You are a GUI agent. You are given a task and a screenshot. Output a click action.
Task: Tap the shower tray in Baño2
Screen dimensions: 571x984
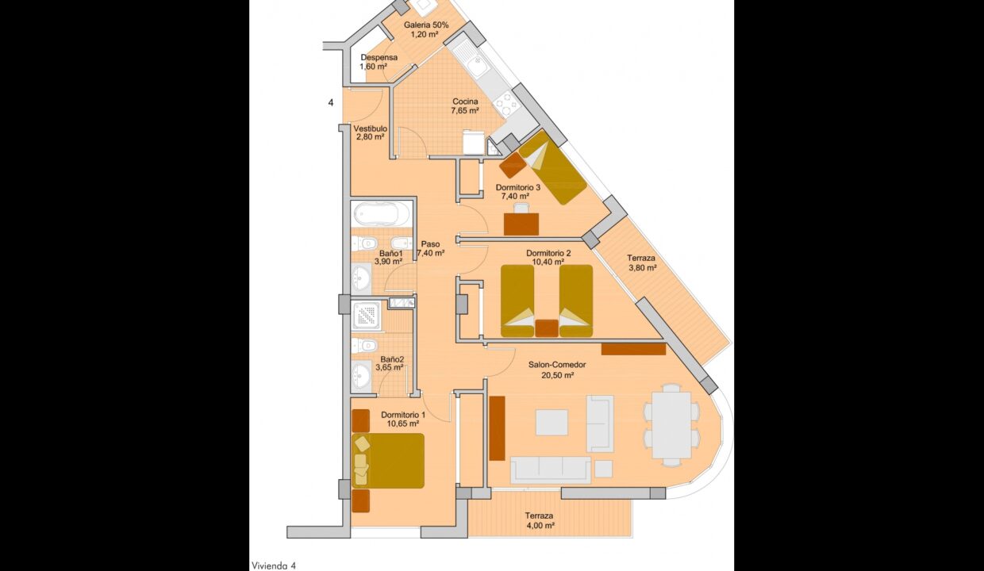pos(366,316)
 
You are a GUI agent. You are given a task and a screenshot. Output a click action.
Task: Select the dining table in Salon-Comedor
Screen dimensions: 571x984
pos(671,425)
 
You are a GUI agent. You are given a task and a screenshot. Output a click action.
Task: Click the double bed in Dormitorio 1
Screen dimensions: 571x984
pos(388,460)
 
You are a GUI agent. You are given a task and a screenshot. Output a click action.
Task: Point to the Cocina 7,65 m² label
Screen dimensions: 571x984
pos(465,106)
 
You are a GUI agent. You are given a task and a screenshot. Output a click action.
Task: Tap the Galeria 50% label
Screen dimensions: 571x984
pos(426,30)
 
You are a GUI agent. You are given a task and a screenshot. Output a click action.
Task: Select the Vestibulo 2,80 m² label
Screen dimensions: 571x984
pos(370,132)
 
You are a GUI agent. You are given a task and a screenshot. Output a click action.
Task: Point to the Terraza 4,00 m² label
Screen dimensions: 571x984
pos(539,521)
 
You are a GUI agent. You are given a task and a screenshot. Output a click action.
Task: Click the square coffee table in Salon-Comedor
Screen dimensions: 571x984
pos(552,422)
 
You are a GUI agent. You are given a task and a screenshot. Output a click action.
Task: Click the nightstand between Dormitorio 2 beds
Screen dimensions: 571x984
pos(546,328)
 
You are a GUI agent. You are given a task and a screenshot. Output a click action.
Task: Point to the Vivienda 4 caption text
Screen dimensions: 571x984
pos(274,565)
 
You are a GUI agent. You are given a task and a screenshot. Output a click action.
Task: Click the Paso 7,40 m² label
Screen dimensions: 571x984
pos(430,249)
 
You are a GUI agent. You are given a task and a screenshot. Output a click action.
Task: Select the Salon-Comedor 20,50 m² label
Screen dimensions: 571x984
pos(556,370)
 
